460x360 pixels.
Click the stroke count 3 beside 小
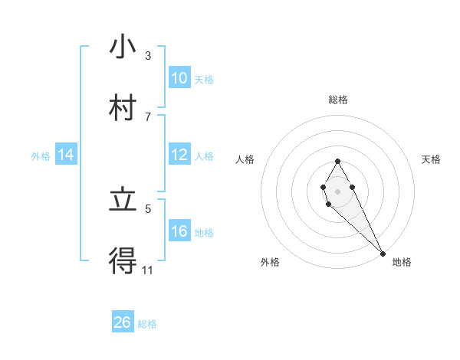coord(148,56)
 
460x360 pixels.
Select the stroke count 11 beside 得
coord(148,270)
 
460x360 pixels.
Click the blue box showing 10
coord(179,78)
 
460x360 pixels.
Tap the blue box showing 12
coord(179,155)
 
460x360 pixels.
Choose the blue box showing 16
coord(179,231)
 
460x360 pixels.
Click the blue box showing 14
coord(66,155)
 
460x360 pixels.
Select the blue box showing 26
coord(123,322)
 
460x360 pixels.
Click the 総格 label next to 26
coord(147,324)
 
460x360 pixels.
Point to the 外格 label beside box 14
coord(41,155)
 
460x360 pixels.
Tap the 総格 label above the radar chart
coord(338,100)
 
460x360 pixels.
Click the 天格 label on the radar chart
coord(431,159)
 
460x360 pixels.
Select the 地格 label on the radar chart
coord(402,262)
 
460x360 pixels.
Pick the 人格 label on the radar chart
coord(245,159)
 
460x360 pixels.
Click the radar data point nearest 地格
coord(383,253)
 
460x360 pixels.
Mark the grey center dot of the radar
coord(337,190)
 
